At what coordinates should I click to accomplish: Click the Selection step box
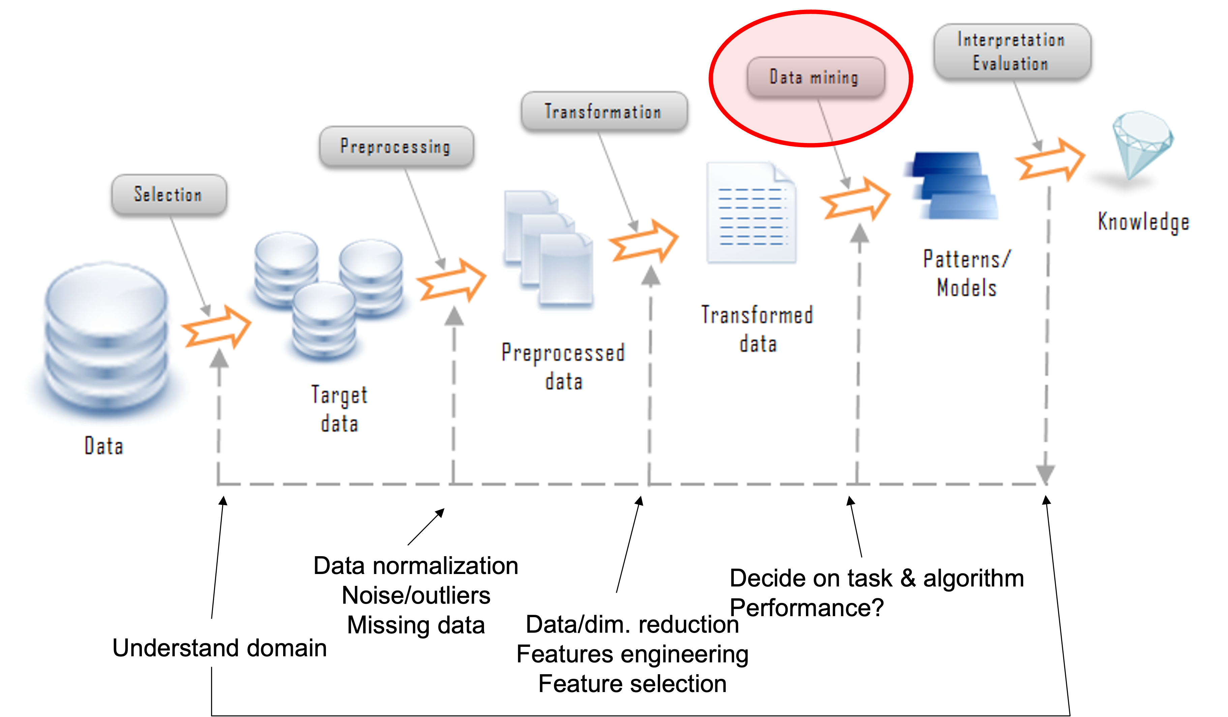(x=169, y=195)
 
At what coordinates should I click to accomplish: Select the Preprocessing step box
(x=396, y=146)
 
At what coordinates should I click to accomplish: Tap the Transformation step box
(x=603, y=112)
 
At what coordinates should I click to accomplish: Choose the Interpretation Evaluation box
(x=1012, y=52)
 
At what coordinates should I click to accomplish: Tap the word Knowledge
(x=1143, y=222)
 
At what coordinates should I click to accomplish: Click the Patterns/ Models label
(x=967, y=273)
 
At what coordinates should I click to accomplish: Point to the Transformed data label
(x=757, y=329)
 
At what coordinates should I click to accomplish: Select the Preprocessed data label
(x=563, y=367)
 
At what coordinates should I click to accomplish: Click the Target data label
(x=339, y=408)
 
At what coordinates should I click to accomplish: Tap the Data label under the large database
(x=104, y=446)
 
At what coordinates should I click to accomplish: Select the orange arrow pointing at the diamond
(x=1050, y=160)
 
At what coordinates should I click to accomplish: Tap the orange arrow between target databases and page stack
(x=451, y=280)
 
